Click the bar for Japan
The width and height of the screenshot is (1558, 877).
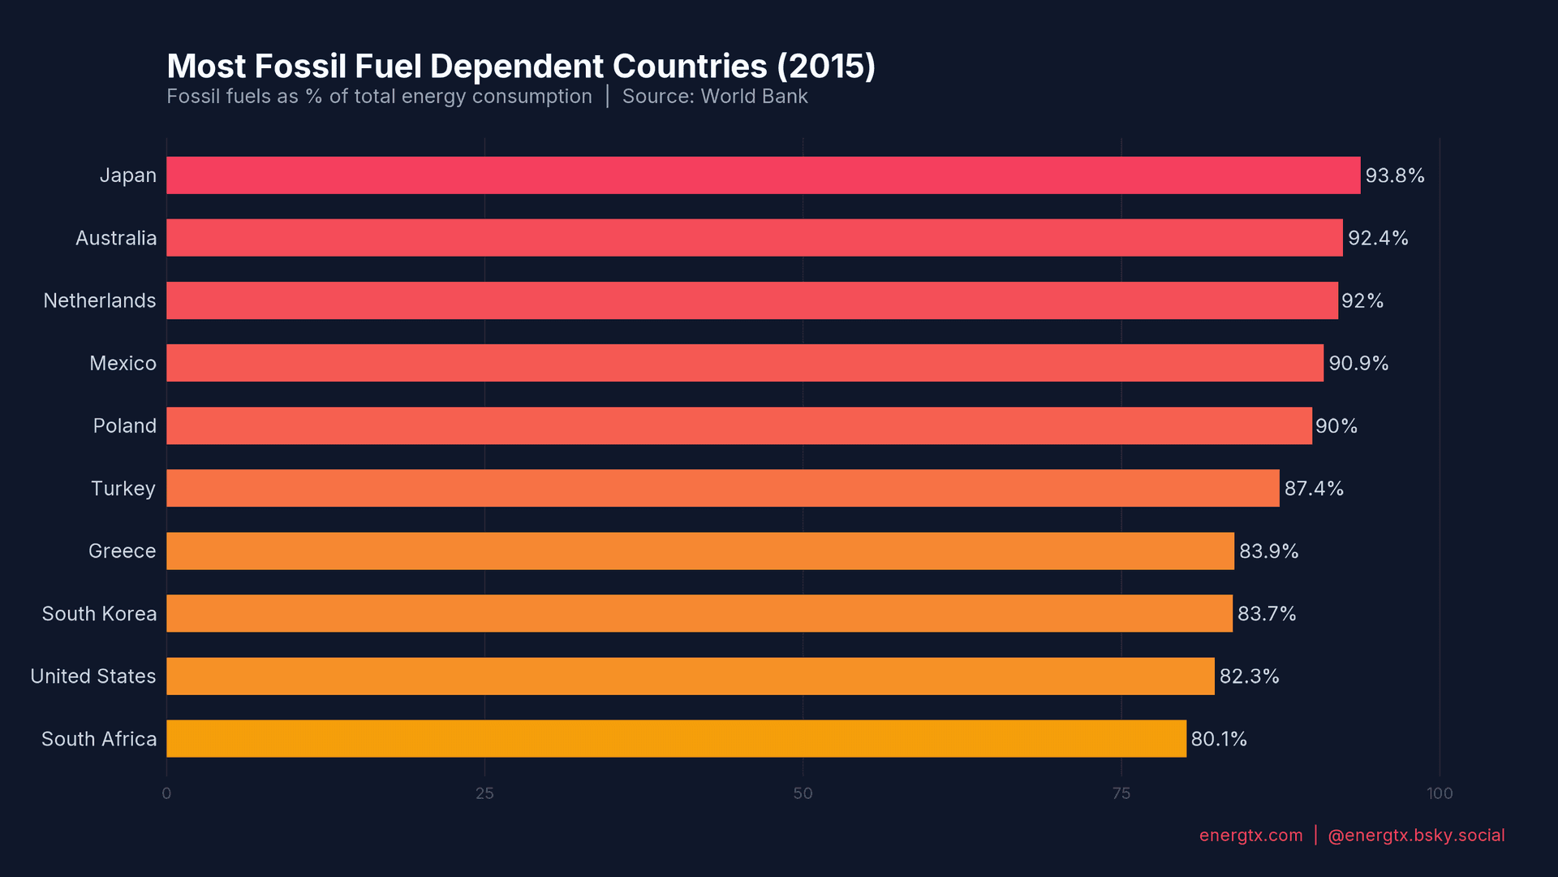763,175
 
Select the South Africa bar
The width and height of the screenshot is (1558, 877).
676,738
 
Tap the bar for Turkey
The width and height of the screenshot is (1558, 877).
722,488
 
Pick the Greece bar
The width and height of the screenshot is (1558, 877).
699,551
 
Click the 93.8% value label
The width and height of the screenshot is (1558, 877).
1394,175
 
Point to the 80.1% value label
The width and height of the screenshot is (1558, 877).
1218,739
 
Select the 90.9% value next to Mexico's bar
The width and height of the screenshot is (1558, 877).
1358,363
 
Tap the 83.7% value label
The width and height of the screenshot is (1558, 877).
1266,614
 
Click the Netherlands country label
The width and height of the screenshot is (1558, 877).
100,300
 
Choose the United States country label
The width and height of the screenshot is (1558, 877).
93,676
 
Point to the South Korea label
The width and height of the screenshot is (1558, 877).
99,614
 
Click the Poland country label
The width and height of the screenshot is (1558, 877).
124,426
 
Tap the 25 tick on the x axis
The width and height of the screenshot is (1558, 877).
484,793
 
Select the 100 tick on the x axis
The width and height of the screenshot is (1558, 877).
1440,793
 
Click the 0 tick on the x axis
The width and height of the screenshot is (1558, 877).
166,793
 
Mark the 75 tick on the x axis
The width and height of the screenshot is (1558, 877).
1121,793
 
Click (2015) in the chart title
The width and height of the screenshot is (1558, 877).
825,67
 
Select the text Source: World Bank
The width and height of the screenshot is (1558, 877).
714,97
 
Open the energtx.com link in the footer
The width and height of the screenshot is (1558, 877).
1250,836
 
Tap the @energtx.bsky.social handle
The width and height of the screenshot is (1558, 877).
1415,836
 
